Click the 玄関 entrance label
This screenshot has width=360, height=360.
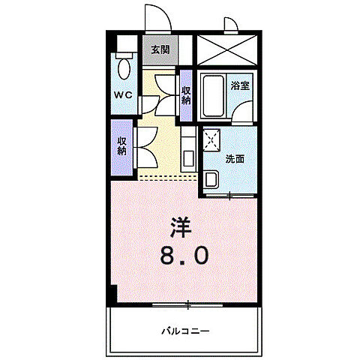[159, 50]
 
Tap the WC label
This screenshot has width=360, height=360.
[123, 95]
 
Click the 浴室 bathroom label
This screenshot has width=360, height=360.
[239, 86]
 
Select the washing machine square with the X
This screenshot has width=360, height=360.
[212, 140]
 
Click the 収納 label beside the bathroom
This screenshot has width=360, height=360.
[185, 95]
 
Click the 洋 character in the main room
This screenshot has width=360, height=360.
[180, 226]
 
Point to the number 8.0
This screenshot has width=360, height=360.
[184, 256]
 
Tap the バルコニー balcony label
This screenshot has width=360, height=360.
[184, 330]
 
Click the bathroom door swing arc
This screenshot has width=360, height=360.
[242, 113]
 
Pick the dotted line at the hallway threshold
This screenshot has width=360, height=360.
[169, 178]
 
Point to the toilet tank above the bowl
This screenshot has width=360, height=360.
[124, 56]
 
